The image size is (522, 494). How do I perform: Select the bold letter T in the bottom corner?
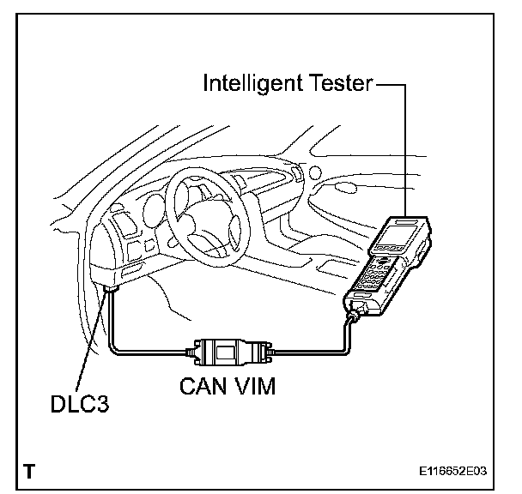[x=30, y=471]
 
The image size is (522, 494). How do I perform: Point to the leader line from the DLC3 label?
[x=92, y=343]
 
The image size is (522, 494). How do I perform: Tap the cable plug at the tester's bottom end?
[x=353, y=320]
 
